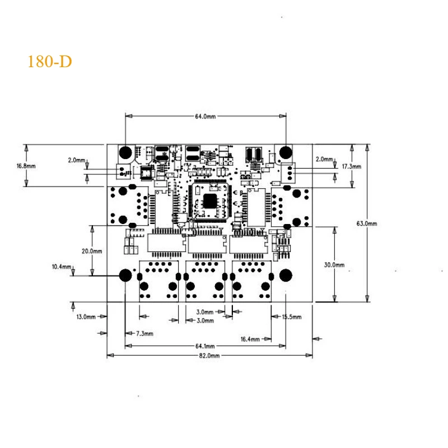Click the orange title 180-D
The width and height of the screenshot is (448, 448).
point(50,62)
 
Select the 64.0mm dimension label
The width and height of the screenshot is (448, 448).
point(205,116)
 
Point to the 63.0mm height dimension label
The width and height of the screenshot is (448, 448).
point(367,223)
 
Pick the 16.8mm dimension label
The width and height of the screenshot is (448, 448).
point(26,166)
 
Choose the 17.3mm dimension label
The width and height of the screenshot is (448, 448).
point(351,167)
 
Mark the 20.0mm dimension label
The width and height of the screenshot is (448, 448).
point(91,251)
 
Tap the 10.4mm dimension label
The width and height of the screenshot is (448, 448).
point(62,267)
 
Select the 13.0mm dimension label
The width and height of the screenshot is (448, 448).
point(86,318)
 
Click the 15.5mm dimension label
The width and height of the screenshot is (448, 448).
point(292,317)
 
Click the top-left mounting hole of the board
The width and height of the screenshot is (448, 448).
point(125,152)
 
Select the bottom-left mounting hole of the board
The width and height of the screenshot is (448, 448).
point(125,275)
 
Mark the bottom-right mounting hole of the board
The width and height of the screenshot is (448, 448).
point(286,275)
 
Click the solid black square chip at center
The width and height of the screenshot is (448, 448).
point(210,200)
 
